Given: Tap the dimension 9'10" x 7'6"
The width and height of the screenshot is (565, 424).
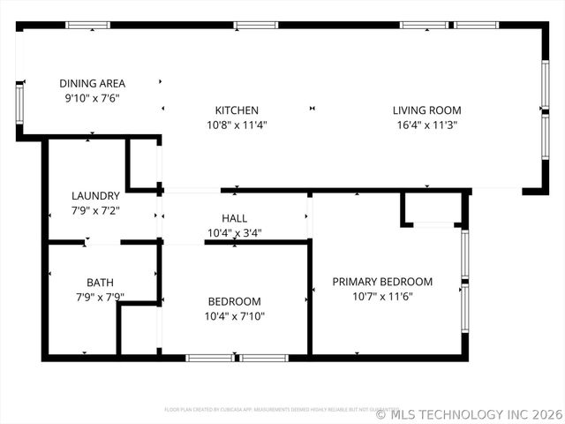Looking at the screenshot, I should pos(92,98).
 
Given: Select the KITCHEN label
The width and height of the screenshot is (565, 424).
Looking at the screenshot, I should pos(237,110).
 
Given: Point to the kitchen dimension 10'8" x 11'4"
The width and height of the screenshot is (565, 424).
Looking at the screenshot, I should pos(237,125).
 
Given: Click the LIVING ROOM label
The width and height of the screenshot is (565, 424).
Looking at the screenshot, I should pos(427,110).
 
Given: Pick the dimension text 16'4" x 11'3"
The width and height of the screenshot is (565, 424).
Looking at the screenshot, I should pos(427,125).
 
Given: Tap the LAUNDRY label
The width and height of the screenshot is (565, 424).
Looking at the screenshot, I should pos(95,196).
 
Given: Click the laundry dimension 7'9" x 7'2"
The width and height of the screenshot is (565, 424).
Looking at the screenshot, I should pos(95,210).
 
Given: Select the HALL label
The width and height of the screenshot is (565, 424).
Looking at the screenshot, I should pos(234,218).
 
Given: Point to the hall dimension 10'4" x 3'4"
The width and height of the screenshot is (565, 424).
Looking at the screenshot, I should pos(234,233).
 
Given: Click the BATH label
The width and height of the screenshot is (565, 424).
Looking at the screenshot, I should pos(100,283).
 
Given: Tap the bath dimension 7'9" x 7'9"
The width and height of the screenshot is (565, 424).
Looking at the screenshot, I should pos(100,297).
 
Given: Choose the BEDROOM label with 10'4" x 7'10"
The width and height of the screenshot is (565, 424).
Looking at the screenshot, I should pos(234,301).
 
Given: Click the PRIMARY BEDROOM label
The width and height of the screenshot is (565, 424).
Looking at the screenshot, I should pos(382,282).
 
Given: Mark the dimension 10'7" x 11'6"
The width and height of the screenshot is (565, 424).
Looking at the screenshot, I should pos(382,296).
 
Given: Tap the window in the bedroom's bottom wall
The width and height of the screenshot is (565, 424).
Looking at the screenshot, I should pos(237,358).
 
